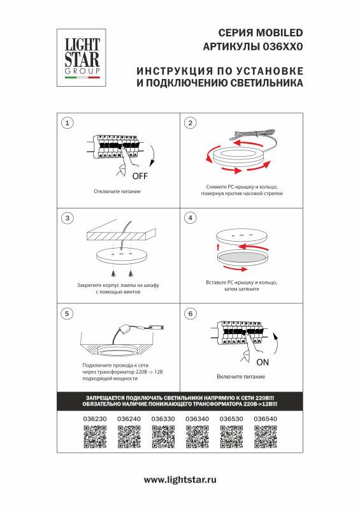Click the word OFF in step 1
140,176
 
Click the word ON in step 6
263,361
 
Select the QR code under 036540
264,438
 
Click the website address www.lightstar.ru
180,479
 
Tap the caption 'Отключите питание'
117,191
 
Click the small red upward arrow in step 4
217,246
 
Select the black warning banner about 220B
180,401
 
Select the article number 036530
231,419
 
